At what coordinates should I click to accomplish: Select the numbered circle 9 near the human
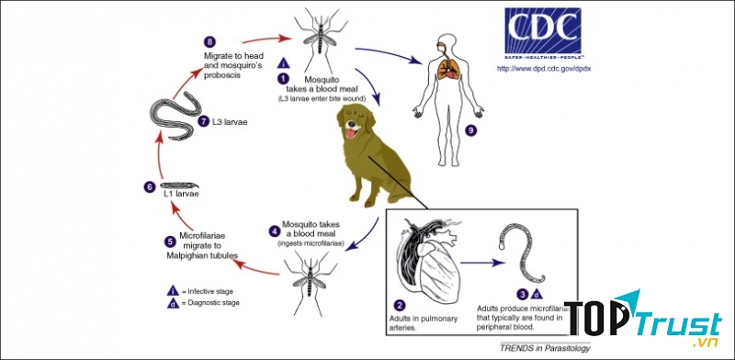471,130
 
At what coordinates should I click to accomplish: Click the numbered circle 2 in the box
400,304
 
